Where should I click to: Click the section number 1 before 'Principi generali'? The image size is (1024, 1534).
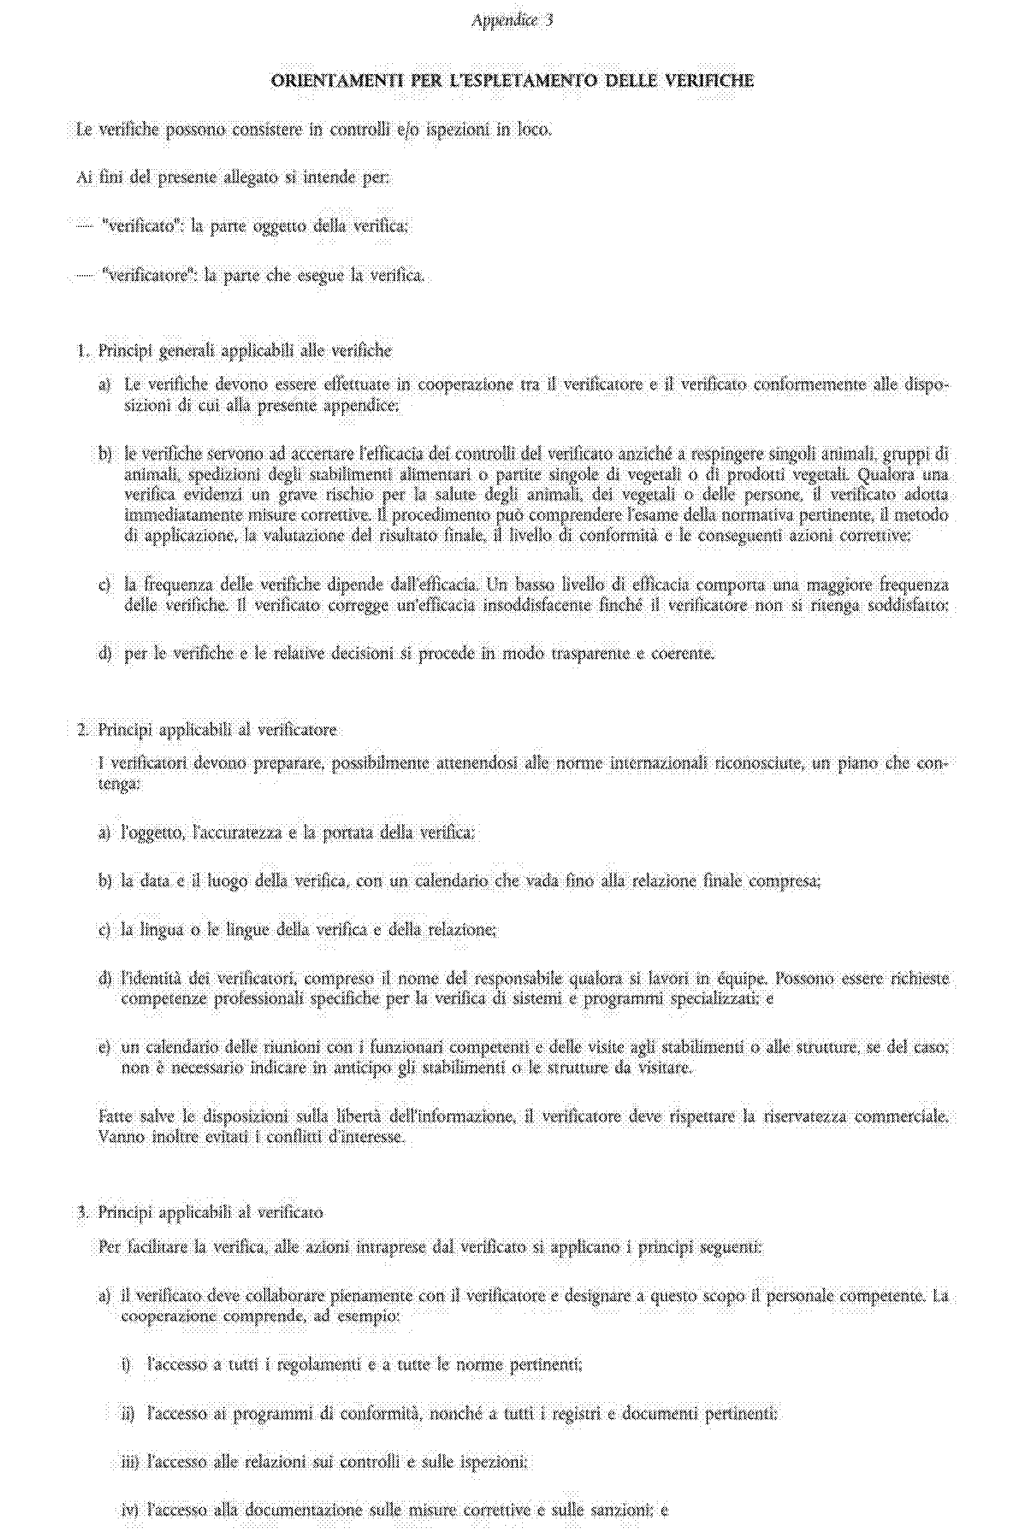(x=82, y=352)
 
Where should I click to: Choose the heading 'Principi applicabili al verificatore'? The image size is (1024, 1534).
(x=217, y=730)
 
